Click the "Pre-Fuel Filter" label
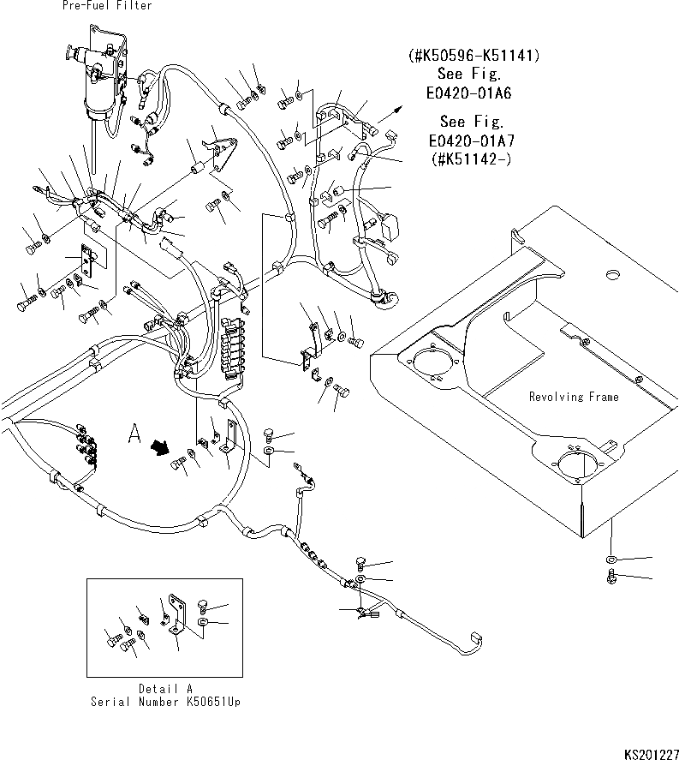(107, 6)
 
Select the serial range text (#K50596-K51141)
(474, 57)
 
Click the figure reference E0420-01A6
(474, 93)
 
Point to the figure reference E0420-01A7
(474, 141)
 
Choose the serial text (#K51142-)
(474, 159)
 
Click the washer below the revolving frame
(611, 560)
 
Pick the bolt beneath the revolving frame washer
(611, 578)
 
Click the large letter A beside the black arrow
(133, 435)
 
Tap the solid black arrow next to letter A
(158, 446)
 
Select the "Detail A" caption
(166, 688)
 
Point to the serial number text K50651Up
(166, 701)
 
